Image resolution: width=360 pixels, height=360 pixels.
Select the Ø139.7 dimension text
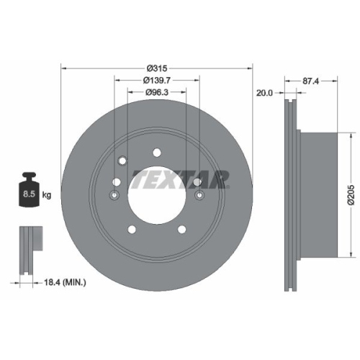[156, 80]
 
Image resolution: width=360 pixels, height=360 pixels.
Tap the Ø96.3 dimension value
[156, 92]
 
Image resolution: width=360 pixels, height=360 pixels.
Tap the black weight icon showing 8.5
[30, 190]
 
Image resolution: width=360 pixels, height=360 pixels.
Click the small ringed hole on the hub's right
[199, 195]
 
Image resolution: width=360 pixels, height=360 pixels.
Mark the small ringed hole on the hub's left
[114, 195]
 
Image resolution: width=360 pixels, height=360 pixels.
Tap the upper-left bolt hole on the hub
[122, 160]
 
